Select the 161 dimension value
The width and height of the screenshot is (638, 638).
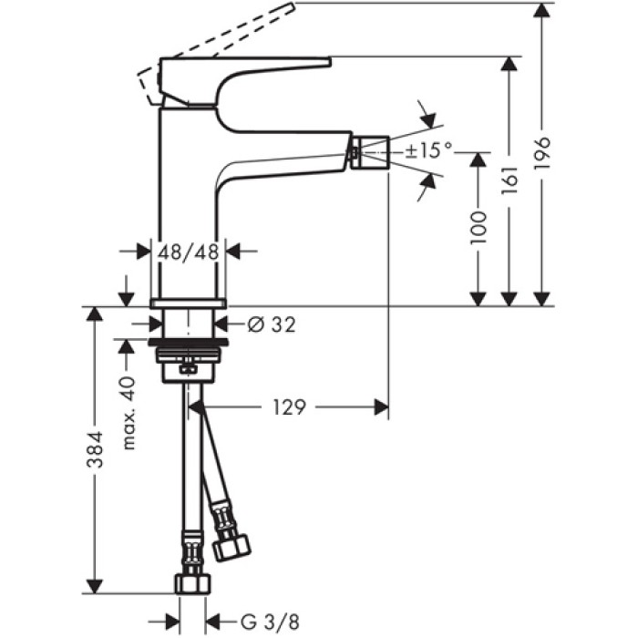pyautogui.click(x=509, y=183)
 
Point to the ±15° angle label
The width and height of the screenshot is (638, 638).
pyautogui.click(x=428, y=149)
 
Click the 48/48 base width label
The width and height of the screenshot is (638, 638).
pyautogui.click(x=189, y=252)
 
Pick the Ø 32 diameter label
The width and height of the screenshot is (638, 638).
pyautogui.click(x=272, y=324)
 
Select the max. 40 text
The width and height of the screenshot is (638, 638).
pyautogui.click(x=129, y=412)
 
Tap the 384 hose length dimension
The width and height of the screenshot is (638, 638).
pyautogui.click(x=96, y=449)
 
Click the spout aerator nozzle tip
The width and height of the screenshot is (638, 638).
pyautogui.click(x=371, y=151)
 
